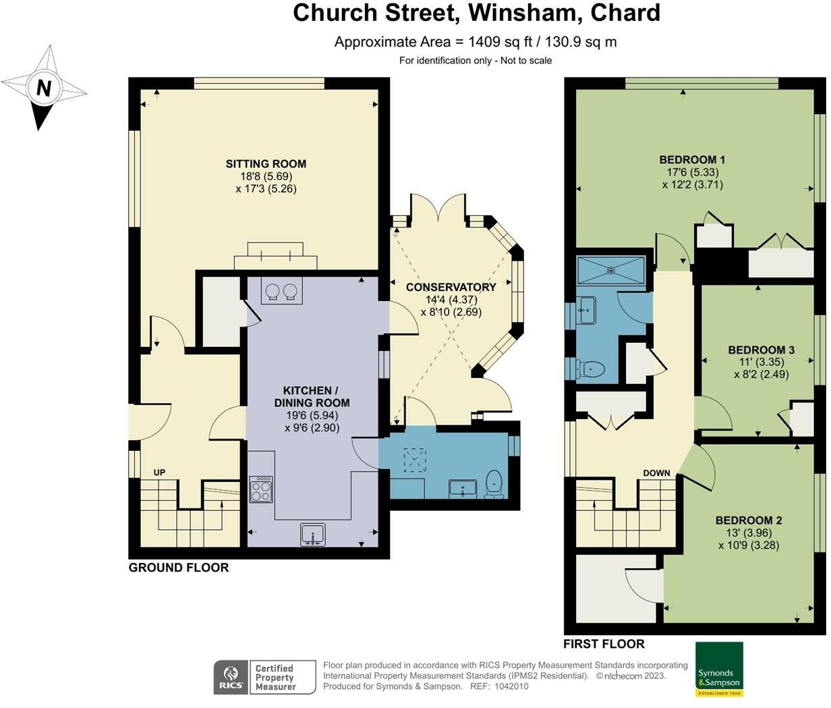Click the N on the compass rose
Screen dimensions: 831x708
44,87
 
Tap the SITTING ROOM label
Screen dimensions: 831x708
266,164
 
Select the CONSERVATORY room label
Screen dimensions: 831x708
451,288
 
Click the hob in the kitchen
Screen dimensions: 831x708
261,489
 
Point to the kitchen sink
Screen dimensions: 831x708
313,535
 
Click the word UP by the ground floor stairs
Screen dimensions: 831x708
159,472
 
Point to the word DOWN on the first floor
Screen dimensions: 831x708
656,473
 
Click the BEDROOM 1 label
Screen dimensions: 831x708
692,160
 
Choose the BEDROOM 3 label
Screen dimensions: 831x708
761,350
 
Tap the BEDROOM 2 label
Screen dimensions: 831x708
749,520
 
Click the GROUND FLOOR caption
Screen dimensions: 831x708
179,568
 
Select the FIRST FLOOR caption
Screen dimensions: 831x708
604,644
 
